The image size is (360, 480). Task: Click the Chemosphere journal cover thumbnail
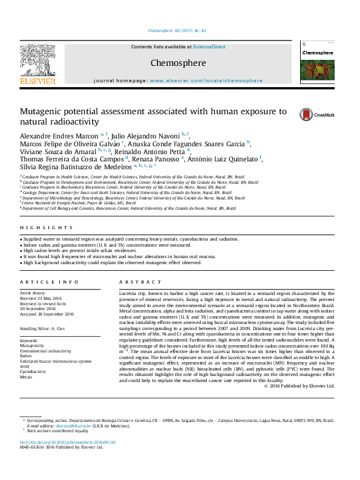(317, 63)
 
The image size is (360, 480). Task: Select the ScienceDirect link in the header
(209, 47)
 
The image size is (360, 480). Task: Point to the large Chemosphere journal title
(178, 63)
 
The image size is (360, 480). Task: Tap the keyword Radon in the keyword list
(27, 356)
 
